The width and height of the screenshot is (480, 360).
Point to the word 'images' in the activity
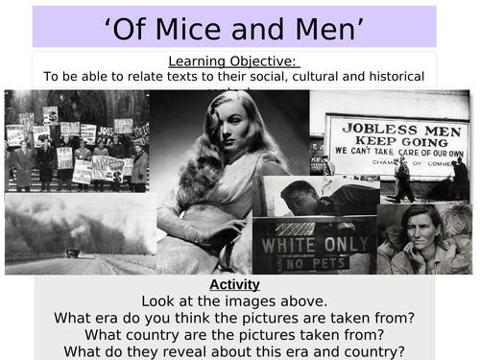[252, 301]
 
